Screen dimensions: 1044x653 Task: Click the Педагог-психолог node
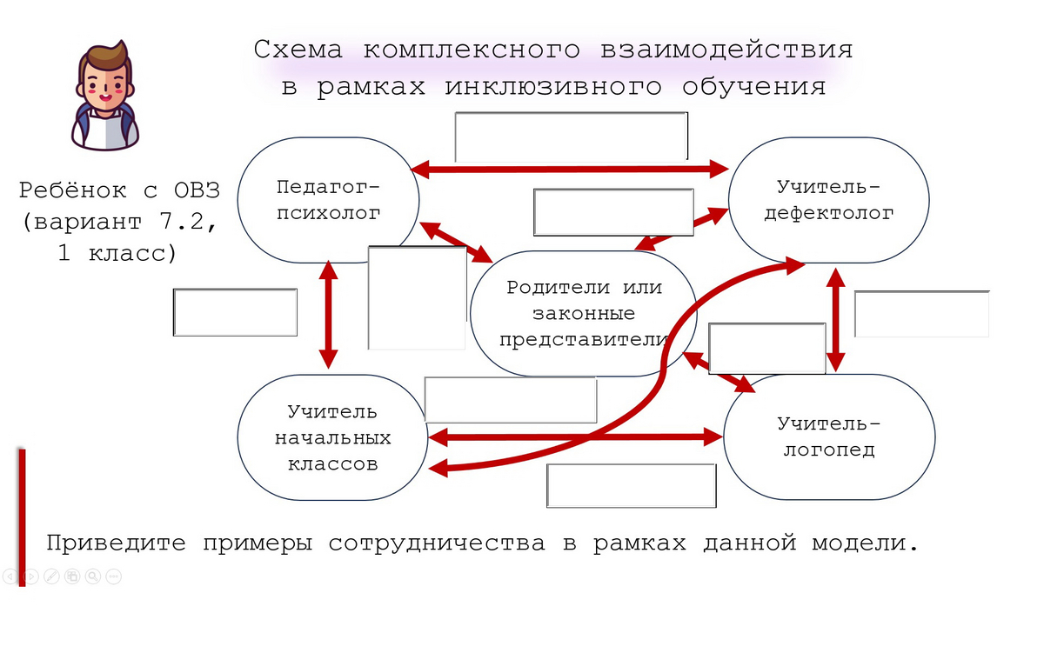(x=329, y=200)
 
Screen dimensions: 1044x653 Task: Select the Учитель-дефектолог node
(x=828, y=200)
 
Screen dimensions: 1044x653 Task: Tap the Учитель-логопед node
(x=829, y=436)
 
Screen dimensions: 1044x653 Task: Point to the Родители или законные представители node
(x=584, y=314)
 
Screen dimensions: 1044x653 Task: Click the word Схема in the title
(x=298, y=50)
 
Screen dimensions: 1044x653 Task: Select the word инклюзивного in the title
(x=553, y=87)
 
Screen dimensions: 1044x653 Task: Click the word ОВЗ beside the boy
(x=197, y=190)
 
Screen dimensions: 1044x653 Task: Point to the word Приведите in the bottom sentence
(x=116, y=543)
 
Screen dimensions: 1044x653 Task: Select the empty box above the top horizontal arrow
(x=572, y=137)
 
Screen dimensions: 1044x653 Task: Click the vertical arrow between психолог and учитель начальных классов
(x=328, y=315)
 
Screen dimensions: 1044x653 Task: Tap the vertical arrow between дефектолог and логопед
(x=836, y=320)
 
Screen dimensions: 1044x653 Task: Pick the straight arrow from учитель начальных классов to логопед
(x=576, y=436)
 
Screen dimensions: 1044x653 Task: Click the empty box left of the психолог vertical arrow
(x=236, y=312)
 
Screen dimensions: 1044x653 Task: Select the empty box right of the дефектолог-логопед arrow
(x=922, y=314)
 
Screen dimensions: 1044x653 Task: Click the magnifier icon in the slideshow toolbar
(x=93, y=576)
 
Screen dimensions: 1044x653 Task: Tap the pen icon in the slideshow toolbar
(x=51, y=576)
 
